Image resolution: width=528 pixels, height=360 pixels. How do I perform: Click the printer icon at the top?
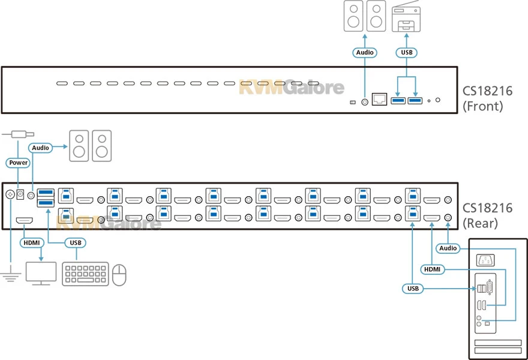tap(406, 17)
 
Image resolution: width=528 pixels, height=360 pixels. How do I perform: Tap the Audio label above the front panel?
tap(364, 53)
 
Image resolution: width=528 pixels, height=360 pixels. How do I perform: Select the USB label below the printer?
tap(406, 53)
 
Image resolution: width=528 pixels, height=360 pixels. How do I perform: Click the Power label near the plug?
tap(18, 163)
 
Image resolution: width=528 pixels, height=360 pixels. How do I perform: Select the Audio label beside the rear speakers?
tap(41, 146)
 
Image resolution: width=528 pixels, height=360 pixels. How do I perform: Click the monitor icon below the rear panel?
tap(41, 274)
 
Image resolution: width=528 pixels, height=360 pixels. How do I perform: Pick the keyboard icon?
tap(85, 274)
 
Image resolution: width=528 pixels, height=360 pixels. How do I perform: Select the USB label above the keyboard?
tap(74, 243)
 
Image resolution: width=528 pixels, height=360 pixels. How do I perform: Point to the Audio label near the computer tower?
tap(448, 248)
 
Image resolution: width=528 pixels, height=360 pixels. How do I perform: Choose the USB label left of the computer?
tap(413, 289)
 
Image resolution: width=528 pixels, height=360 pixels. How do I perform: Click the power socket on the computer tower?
tap(485, 260)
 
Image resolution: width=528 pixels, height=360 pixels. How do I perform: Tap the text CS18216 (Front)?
tap(487, 99)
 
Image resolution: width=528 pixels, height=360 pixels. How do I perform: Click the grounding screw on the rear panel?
tap(10, 194)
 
